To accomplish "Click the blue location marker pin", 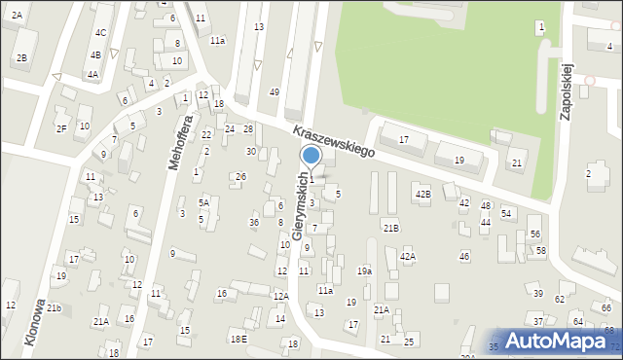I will [311, 157].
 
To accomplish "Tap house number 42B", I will [422, 195].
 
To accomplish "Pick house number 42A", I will [407, 257].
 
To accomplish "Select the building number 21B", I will [390, 228].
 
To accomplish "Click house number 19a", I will [364, 271].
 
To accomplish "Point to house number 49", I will [275, 91].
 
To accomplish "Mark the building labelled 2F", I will [61, 128].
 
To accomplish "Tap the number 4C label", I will [100, 32].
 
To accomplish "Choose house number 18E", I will [238, 339].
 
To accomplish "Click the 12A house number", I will [280, 296].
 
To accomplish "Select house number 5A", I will [203, 202].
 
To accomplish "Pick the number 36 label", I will [254, 223].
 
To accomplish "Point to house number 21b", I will [55, 308].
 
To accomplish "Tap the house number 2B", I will [21, 57].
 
